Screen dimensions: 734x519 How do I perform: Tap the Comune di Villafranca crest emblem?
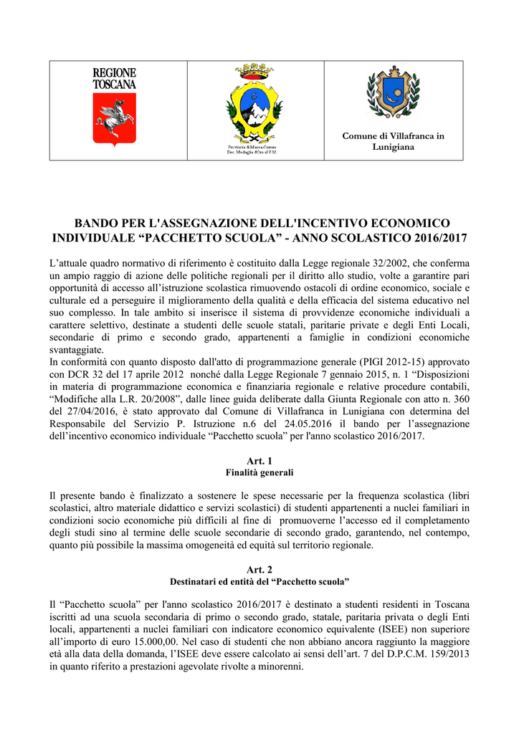[393, 93]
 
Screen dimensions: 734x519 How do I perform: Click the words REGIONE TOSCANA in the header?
[114, 78]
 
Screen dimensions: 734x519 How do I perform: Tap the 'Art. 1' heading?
[259, 461]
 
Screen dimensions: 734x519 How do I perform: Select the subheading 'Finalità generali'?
[259, 473]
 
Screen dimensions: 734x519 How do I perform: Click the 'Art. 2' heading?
[259, 568]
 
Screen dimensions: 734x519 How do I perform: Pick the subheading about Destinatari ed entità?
[259, 581]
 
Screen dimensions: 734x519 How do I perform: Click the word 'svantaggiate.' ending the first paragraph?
[77, 350]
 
